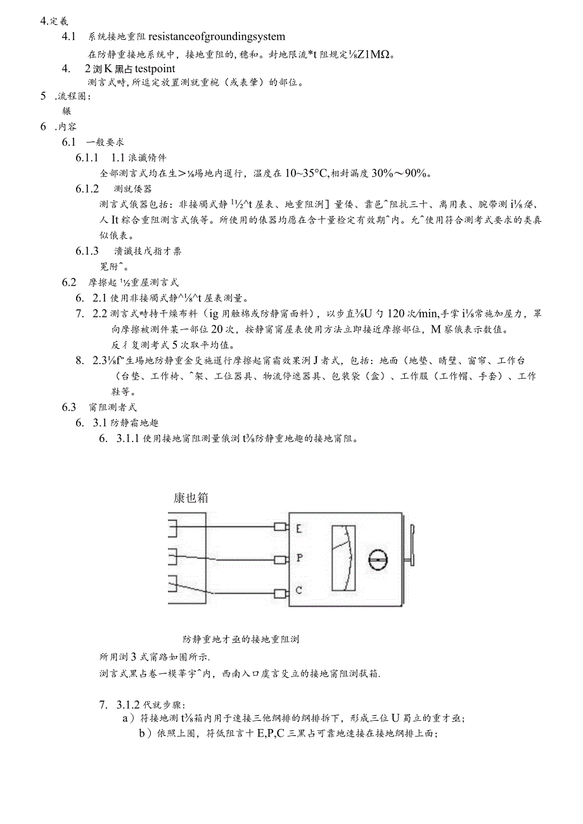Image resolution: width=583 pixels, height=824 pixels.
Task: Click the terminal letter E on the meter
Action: click(299, 527)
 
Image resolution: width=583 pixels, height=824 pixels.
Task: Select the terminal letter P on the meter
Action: click(299, 558)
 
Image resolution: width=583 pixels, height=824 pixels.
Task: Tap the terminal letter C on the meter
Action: click(299, 590)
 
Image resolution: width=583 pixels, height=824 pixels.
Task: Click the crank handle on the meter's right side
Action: click(411, 547)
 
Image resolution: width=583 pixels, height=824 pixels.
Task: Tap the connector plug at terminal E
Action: click(279, 527)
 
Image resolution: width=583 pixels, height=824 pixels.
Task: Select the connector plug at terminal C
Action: click(279, 590)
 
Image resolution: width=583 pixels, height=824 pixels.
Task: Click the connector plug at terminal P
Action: click(279, 558)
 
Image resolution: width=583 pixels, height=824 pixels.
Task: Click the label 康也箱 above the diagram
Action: click(191, 497)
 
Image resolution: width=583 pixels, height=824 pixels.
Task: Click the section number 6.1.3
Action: click(87, 251)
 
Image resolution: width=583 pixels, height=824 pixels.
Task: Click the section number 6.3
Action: click(69, 407)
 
